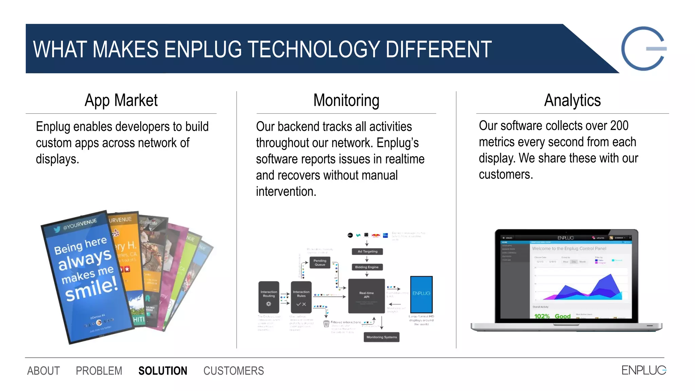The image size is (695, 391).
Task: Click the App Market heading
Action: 121,100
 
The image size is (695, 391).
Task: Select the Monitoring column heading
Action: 346,100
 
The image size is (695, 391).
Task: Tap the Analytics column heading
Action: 572,100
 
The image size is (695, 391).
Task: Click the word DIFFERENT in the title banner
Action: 438,50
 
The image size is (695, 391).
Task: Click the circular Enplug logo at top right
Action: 643,49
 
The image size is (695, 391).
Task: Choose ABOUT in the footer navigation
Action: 43,371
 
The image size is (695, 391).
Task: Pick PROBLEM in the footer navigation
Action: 99,371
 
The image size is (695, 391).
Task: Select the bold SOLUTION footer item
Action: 163,371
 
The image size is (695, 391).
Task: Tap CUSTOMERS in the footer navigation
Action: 233,371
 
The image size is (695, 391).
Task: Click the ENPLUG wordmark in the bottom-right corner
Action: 643,370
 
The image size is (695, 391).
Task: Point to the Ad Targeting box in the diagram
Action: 367,252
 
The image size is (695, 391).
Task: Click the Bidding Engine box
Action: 367,267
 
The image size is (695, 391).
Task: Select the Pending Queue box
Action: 320,263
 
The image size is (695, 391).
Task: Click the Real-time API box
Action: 367,296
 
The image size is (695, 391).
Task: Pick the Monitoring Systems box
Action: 381,337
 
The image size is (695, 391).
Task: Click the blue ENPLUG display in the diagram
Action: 421,294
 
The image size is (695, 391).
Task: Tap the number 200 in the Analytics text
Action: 619,126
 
